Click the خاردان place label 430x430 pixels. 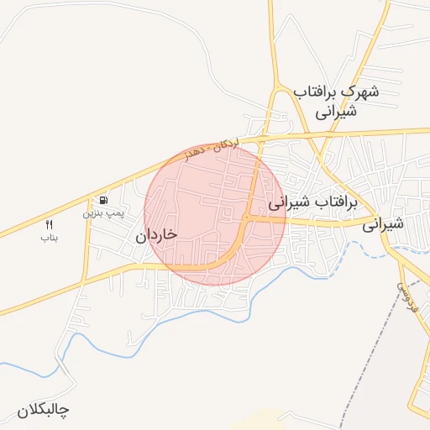pos(155,236)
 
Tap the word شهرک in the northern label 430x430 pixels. pos(359,92)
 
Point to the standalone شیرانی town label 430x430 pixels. pos(384,224)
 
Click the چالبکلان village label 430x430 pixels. pos(43,411)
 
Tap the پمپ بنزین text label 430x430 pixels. pos(102,214)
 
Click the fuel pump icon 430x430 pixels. pos(103,201)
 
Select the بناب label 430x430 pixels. pos(48,238)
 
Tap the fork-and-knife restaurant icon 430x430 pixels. pos(48,225)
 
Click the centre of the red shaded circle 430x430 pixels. pos(215,214)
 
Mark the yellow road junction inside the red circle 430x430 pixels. pos(248,218)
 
